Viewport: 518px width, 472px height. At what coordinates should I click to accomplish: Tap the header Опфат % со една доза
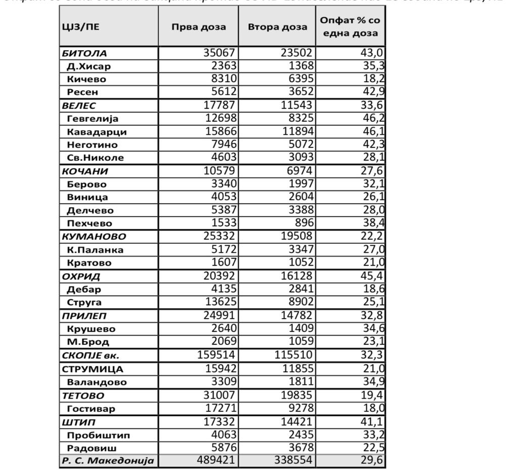pyautogui.click(x=350, y=27)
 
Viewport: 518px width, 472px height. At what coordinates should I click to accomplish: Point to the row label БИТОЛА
pyautogui.click(x=84, y=53)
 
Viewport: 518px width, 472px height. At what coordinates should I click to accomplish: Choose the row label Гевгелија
pyautogui.click(x=93, y=119)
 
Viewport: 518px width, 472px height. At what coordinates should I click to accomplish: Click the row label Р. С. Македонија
pyautogui.click(x=108, y=461)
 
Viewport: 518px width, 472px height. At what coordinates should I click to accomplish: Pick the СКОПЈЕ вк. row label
pyautogui.click(x=91, y=356)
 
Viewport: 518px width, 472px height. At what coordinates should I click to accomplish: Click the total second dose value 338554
pyautogui.click(x=294, y=460)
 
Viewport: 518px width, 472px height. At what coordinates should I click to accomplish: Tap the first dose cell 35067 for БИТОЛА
pyautogui.click(x=220, y=53)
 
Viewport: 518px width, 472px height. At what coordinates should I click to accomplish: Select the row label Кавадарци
pyautogui.click(x=97, y=132)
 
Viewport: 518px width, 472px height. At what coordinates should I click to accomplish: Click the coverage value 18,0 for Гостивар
pyautogui.click(x=373, y=408)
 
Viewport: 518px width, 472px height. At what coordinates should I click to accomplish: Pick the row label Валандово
pyautogui.click(x=97, y=382)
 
